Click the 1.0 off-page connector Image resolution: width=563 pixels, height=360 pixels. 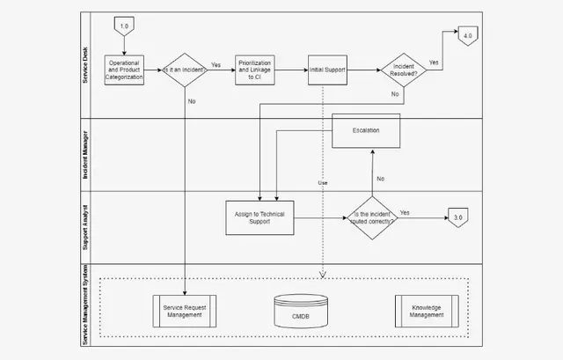coord(124,26)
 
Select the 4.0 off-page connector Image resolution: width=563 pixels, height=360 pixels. coord(468,36)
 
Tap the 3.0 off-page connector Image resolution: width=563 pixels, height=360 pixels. coord(458,217)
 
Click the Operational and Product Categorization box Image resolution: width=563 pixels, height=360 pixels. coord(124,70)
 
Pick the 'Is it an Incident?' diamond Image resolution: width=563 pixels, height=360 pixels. coord(185,70)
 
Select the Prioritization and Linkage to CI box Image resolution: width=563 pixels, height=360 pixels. coord(255,70)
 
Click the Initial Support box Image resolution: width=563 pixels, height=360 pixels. coord(327,70)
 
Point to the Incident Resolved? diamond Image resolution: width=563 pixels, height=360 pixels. coord(404,70)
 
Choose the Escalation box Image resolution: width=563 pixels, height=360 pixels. coord(366,131)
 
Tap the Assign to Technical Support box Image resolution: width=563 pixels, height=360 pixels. coord(260,217)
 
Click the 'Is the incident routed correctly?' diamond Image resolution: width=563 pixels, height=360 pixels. coord(372,217)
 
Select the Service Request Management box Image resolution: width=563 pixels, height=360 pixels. coord(185,311)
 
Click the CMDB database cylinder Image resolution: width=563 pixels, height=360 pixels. coord(301,311)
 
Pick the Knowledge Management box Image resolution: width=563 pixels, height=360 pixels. coord(427,311)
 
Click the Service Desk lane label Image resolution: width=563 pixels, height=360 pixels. coord(85,65)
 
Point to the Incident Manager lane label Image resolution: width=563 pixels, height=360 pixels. coord(85,155)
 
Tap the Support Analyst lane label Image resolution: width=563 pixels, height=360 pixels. coord(85,227)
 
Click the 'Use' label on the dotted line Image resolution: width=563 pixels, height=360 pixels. coord(323,183)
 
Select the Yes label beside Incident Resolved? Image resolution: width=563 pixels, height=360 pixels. coord(434,62)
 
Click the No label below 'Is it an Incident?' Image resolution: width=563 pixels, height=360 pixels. coord(192,101)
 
